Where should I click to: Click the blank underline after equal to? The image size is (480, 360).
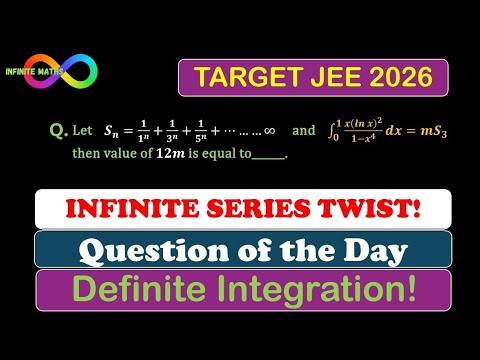[x=269, y=157]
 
